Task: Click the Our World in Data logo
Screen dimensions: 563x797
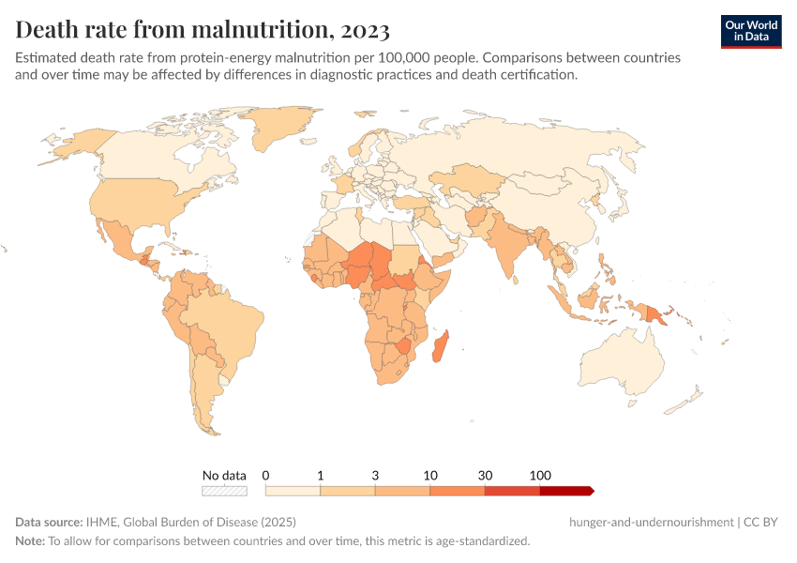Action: tap(750, 31)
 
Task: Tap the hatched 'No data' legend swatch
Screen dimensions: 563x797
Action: tap(224, 490)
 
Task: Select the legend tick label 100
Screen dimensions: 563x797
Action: tap(540, 475)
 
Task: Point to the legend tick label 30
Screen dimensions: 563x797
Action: tap(485, 475)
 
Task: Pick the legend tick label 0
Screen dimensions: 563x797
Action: tap(266, 475)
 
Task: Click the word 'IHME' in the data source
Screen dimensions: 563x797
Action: tap(100, 522)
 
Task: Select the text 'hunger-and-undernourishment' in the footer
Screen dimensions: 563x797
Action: tap(650, 522)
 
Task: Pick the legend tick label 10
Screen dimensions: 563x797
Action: tap(430, 475)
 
